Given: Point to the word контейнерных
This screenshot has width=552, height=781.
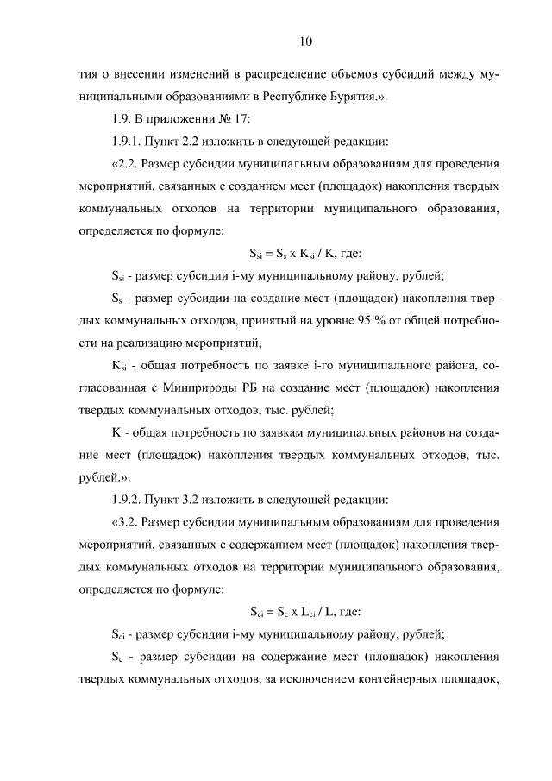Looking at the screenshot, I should (413, 679).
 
